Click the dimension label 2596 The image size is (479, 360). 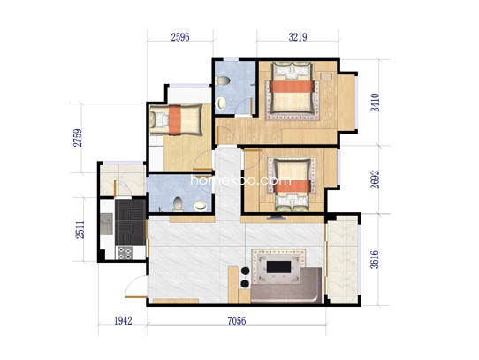coord(180,37)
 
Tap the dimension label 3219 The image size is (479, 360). coord(298,37)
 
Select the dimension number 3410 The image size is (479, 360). coord(375,103)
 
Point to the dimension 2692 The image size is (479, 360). coord(375,180)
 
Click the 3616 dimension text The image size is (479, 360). coord(374,259)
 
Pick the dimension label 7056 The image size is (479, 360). coord(237,320)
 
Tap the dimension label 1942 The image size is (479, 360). coord(123,320)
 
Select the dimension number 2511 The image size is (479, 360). coord(80,230)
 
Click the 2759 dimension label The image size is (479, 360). coord(78,138)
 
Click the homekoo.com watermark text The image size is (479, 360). coord(241,180)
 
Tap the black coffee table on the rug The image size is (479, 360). coord(278,267)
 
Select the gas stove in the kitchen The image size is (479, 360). coord(125,253)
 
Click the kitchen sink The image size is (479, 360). coord(106,224)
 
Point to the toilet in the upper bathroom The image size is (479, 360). coord(223,80)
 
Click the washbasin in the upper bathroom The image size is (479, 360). coord(221,103)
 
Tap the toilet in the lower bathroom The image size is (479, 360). coord(178,204)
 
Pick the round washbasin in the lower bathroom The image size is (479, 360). coord(200,206)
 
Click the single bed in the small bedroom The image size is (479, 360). coord(176,120)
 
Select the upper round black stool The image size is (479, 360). coord(245,271)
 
